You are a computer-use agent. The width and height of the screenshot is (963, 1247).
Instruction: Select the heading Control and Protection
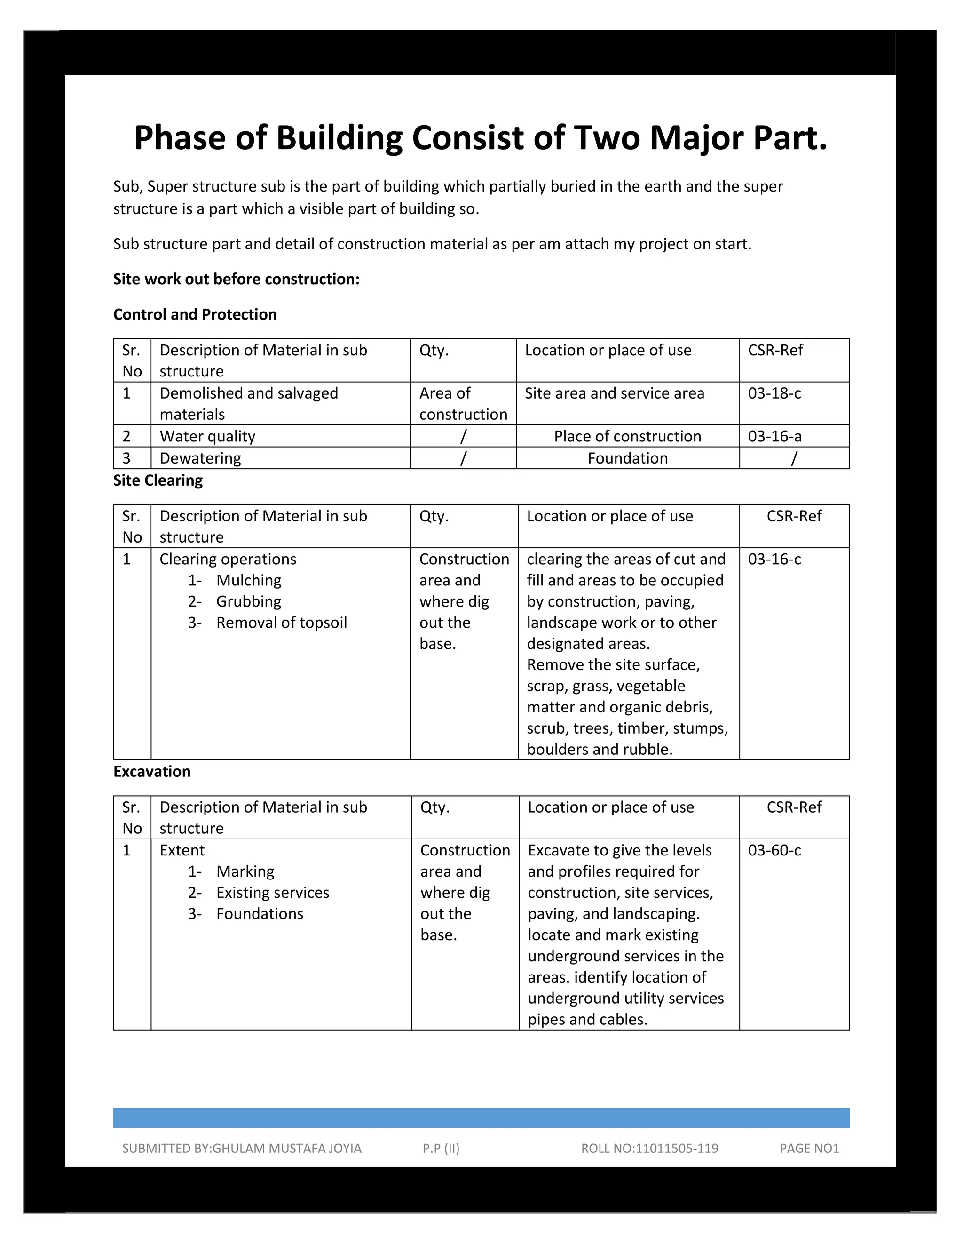click(195, 315)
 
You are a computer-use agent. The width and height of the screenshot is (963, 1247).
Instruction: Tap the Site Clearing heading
click(158, 481)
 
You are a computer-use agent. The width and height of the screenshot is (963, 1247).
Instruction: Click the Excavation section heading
click(152, 772)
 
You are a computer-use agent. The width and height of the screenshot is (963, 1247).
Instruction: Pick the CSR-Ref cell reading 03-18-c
click(774, 393)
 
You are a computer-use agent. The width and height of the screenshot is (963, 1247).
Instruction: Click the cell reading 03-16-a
click(774, 437)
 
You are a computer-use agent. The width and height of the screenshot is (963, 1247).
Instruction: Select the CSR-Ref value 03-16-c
click(774, 560)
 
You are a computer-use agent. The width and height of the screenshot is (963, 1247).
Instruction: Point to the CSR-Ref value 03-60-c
click(774, 851)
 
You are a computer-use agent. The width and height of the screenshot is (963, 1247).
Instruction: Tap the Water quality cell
click(208, 437)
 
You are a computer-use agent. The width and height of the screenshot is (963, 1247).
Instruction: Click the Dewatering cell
click(200, 458)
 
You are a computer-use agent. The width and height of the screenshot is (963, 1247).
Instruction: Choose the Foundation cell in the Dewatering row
click(628, 458)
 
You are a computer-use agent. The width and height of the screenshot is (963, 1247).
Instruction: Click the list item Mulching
click(249, 581)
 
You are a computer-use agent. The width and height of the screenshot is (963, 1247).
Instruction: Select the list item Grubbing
click(249, 602)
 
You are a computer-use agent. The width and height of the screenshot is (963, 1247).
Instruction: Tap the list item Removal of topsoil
click(281, 623)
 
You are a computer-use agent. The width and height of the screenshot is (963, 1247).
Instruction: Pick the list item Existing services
click(273, 893)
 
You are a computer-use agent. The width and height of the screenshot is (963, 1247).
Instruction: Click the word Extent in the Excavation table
click(182, 851)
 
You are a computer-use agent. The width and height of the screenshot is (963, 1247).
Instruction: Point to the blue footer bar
click(481, 1118)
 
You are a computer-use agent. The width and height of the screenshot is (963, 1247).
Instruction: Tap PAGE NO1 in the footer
click(809, 1149)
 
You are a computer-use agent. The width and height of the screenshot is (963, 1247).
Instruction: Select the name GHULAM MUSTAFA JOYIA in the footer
click(286, 1149)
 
